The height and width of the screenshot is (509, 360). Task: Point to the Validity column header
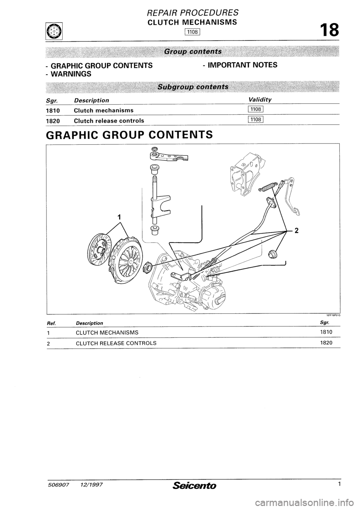[x=260, y=99]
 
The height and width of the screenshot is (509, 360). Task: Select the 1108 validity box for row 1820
[x=257, y=120]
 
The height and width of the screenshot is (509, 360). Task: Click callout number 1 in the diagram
[x=119, y=217]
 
